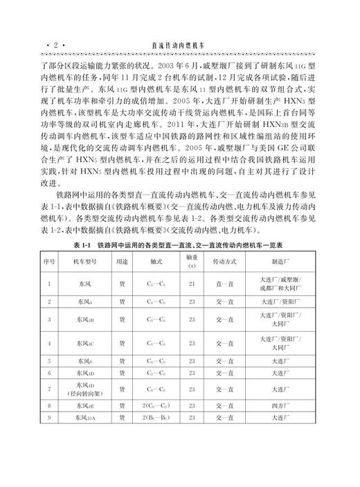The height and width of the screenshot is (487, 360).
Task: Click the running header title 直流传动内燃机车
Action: click(178, 44)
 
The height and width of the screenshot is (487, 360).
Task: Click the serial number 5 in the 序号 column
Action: click(49, 360)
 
